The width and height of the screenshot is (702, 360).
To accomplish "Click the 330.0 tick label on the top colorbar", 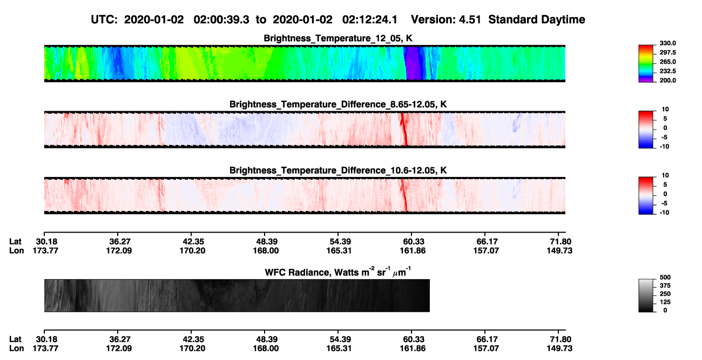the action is tap(667, 43).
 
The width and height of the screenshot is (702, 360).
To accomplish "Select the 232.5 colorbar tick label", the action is tap(667, 71).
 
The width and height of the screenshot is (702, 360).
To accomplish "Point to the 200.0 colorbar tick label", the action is tap(667, 80).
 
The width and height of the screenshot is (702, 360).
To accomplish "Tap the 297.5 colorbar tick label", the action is tap(667, 52).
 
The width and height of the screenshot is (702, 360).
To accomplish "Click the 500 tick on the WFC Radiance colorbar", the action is tap(665, 277).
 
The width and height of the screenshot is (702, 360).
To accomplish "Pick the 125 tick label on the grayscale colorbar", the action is tap(665, 302).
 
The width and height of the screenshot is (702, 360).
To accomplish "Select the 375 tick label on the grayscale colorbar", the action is tap(665, 286).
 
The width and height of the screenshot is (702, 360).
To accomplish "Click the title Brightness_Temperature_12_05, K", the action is tap(338, 38).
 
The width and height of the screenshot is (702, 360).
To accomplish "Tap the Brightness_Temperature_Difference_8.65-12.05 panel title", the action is tap(338, 104).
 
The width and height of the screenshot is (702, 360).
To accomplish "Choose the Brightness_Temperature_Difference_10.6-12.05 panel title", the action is tap(338, 171).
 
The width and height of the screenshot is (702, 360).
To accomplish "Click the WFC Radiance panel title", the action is tap(337, 272).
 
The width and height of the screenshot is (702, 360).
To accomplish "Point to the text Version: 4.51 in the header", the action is tap(446, 19).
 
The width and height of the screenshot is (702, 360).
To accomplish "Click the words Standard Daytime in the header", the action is tap(537, 19).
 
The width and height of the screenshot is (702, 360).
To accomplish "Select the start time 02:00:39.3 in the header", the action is tap(221, 19).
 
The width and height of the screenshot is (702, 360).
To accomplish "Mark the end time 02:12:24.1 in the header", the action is tap(370, 19).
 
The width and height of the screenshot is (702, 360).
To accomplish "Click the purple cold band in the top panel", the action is tap(413, 63).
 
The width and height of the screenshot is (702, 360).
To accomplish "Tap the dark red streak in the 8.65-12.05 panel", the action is tap(404, 129).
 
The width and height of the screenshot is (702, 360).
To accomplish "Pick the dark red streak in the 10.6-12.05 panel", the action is tap(404, 195).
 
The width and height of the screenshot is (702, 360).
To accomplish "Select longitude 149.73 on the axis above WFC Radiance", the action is tap(559, 251).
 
